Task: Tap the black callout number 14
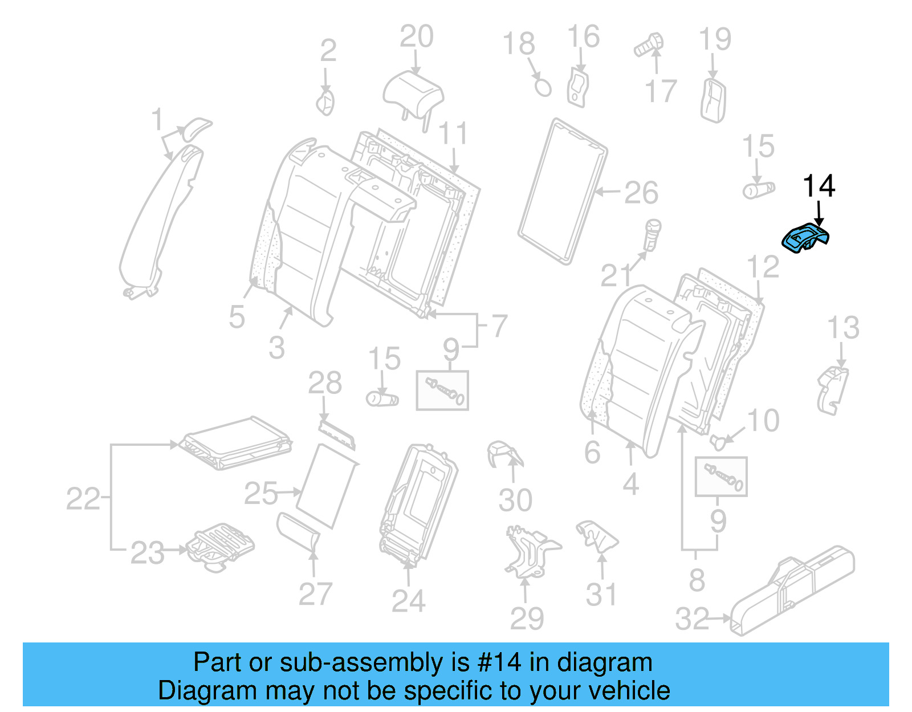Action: click(x=819, y=186)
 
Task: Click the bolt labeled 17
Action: click(x=649, y=45)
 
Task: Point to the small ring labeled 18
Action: click(x=543, y=87)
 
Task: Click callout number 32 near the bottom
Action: click(x=691, y=619)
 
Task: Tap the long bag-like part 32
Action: click(x=792, y=591)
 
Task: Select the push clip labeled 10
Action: click(x=719, y=441)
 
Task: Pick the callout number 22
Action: click(x=83, y=499)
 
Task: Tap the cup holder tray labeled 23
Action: click(x=219, y=546)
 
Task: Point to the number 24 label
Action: click(x=408, y=601)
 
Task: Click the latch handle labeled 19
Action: click(x=712, y=100)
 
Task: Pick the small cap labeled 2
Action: click(x=325, y=103)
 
